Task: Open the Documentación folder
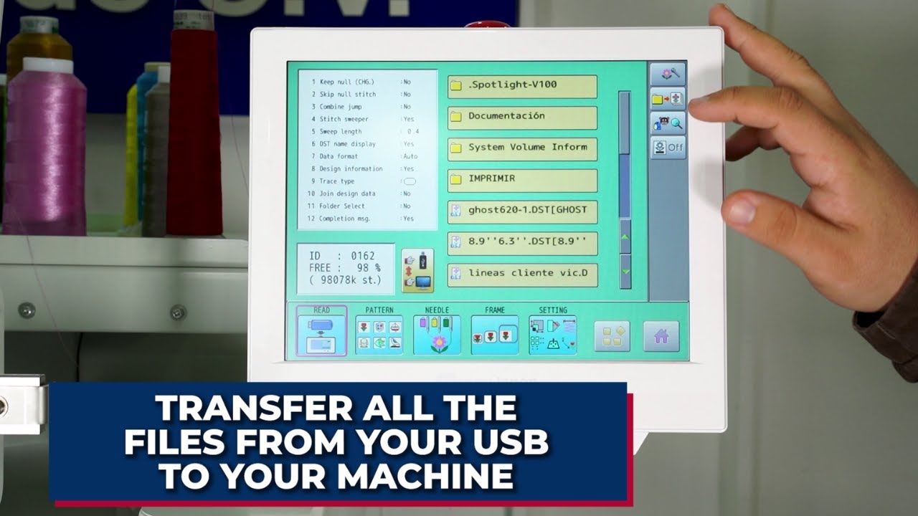[522, 117]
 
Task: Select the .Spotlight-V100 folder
[522, 86]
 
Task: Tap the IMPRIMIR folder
[522, 179]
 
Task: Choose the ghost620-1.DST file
[522, 211]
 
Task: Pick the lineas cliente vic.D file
[522, 274]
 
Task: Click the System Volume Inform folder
[522, 148]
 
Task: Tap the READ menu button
[321, 331]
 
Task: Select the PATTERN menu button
[379, 331]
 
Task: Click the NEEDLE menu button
[437, 331]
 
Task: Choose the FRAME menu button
[494, 331]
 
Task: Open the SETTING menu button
[552, 331]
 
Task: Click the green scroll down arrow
[625, 272]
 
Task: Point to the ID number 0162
[363, 256]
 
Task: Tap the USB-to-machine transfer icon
[417, 270]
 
